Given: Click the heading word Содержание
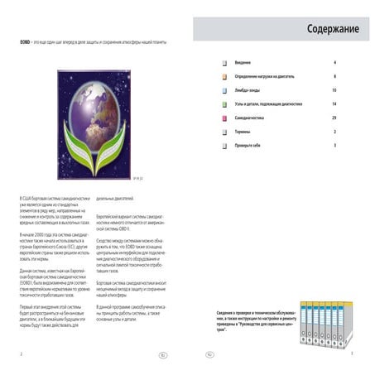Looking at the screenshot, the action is pos(332,30).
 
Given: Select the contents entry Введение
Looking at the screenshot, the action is pos(245,63).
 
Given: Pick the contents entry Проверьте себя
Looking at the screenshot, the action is pos(249,146).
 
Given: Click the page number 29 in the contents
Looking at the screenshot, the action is pos(334,118).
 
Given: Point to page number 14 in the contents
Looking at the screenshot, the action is pos(334,104).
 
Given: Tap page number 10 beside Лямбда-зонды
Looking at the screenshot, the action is pos(334,90).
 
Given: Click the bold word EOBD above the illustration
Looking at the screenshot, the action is pos(25,42).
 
